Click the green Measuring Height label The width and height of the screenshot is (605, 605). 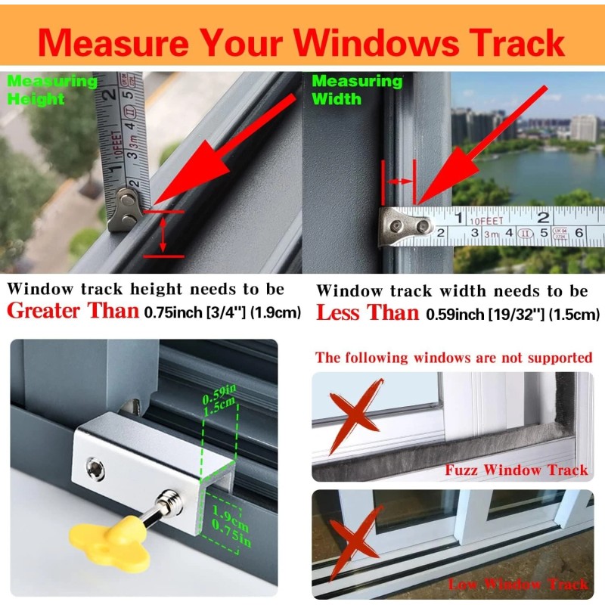point(51,89)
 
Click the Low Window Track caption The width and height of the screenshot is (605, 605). point(517,584)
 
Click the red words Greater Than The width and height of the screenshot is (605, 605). point(73,310)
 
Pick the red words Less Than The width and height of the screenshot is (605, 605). point(367,312)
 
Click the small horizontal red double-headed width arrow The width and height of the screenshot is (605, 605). point(400,181)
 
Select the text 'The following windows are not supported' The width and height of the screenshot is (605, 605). point(453,357)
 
